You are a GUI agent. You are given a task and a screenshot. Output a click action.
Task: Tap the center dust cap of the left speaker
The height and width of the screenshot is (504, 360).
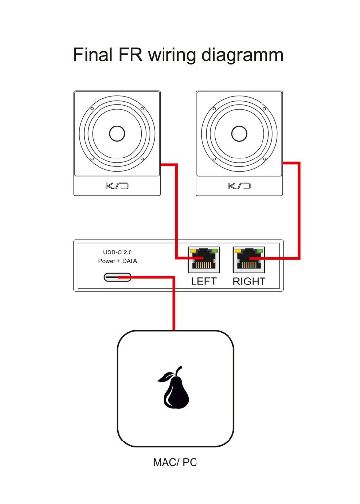117,134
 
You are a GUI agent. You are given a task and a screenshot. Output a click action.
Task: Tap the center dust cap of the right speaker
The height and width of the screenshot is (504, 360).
239,134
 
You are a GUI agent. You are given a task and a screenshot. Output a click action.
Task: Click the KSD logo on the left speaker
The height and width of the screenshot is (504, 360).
117,186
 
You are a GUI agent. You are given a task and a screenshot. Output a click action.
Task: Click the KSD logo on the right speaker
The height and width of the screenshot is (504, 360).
239,186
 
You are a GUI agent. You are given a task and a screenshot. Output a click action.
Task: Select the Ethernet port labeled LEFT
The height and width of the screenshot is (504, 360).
203,259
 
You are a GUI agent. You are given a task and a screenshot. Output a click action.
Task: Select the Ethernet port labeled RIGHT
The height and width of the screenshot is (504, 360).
249,259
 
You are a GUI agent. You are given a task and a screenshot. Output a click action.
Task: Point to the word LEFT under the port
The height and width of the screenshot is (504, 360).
203,282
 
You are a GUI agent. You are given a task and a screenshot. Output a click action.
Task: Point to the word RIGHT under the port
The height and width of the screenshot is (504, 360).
249,282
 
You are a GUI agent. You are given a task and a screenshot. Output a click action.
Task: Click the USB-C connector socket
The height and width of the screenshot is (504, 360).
117,277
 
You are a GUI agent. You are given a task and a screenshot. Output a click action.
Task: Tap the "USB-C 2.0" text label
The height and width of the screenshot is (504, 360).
114,252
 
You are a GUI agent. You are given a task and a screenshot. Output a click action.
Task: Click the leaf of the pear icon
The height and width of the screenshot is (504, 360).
164,378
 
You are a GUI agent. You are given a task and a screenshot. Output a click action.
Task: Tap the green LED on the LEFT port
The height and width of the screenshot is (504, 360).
213,251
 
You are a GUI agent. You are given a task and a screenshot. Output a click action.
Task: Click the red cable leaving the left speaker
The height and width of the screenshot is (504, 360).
176,207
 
